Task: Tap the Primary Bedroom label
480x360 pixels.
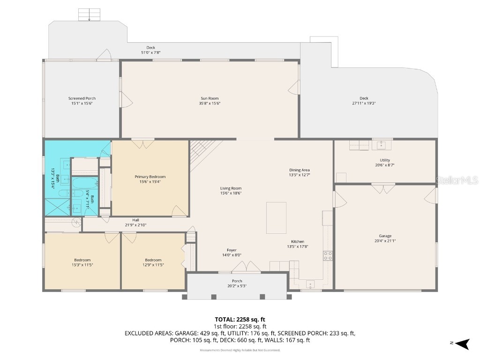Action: pyautogui.click(x=150, y=177)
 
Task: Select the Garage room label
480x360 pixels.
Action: pyautogui.click(x=385, y=236)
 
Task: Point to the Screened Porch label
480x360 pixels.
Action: pyautogui.click(x=82, y=98)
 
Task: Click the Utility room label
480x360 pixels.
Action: pyautogui.click(x=384, y=160)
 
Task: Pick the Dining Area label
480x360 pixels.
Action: pyautogui.click(x=299, y=170)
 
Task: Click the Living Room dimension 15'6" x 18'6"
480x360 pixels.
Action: pyautogui.click(x=231, y=193)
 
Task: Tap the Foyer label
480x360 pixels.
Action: pyautogui.click(x=232, y=250)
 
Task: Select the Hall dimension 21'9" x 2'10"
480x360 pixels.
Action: pyautogui.click(x=135, y=225)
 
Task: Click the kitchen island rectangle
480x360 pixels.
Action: pyautogui.click(x=276, y=218)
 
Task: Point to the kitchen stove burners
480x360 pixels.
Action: pyautogui.click(x=328, y=255)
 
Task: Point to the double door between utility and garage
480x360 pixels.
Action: pyautogui.click(x=382, y=188)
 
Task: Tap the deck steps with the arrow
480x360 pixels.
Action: pyautogui.click(x=89, y=14)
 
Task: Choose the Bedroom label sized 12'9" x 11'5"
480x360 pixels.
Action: pyautogui.click(x=153, y=260)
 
